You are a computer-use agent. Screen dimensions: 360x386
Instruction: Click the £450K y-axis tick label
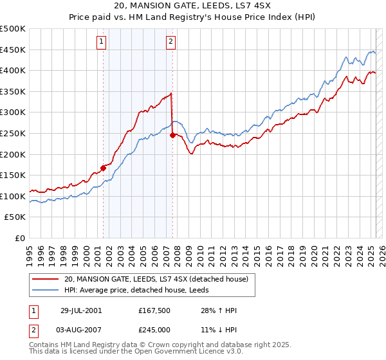coord(13,50)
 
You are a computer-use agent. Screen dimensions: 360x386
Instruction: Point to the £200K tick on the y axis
coord(13,154)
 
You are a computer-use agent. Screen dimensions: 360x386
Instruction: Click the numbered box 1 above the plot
coord(102,42)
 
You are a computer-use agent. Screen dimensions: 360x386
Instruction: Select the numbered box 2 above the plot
coord(170,42)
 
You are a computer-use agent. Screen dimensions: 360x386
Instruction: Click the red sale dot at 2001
coord(103,168)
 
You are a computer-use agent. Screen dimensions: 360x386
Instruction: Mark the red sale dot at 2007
coord(172,136)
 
